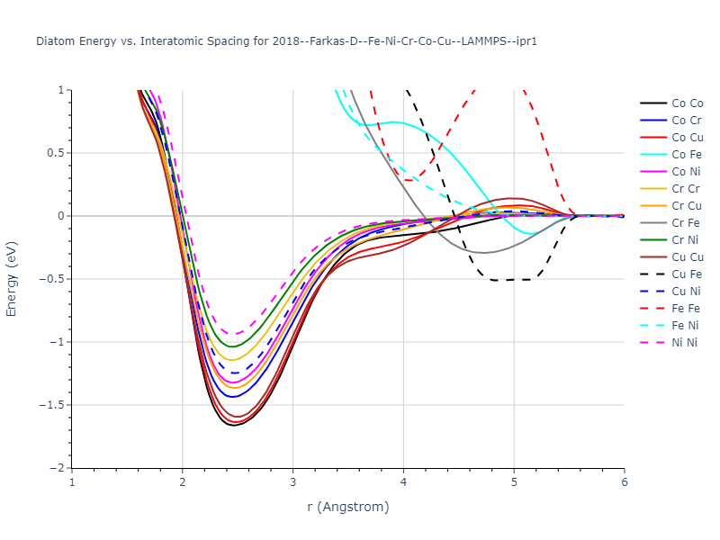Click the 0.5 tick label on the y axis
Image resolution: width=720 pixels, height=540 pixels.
57,153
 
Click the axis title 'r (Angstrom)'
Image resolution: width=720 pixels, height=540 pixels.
348,507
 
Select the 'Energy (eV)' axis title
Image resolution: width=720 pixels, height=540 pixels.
13,279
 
